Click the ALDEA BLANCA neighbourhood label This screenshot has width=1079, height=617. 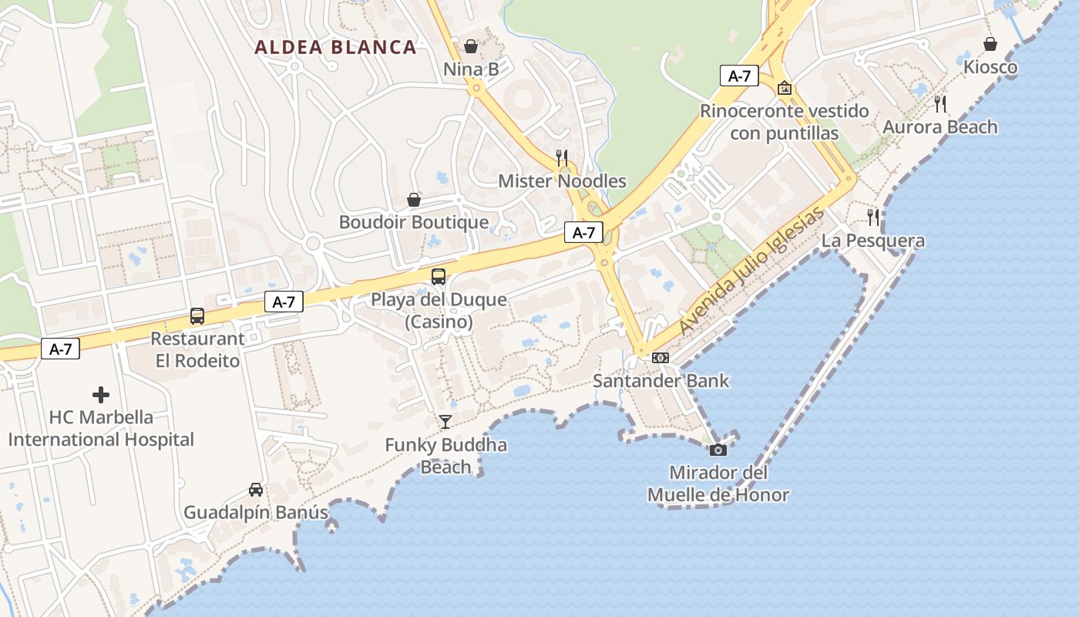pyautogui.click(x=335, y=47)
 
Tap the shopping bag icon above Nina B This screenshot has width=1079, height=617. pyautogui.click(x=471, y=46)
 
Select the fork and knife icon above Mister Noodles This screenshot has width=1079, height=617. pyautogui.click(x=562, y=157)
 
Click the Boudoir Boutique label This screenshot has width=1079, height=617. pyautogui.click(x=414, y=222)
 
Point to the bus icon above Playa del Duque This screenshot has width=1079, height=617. pyautogui.click(x=439, y=276)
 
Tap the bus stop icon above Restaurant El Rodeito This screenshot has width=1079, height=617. pyautogui.click(x=197, y=315)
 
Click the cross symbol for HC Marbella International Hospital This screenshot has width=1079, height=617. pyautogui.click(x=101, y=395)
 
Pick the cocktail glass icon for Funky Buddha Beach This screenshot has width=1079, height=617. pyautogui.click(x=445, y=421)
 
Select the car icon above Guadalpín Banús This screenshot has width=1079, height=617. pyautogui.click(x=256, y=489)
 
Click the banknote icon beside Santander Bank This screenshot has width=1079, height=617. pyautogui.click(x=661, y=358)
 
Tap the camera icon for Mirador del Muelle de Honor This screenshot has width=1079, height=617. pyautogui.click(x=718, y=449)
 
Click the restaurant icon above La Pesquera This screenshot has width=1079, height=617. pyautogui.click(x=872, y=217)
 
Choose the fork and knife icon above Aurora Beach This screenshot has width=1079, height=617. pyautogui.click(x=940, y=103)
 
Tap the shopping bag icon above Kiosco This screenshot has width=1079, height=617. pyautogui.click(x=990, y=44)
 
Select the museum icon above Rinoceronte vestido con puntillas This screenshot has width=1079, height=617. pyautogui.click(x=785, y=88)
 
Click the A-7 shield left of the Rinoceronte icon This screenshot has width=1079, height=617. pyautogui.click(x=739, y=76)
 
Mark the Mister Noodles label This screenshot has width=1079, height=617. pyautogui.click(x=562, y=181)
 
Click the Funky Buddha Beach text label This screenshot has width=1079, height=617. pyautogui.click(x=445, y=456)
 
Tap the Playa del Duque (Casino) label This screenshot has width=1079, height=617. pyautogui.click(x=439, y=310)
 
